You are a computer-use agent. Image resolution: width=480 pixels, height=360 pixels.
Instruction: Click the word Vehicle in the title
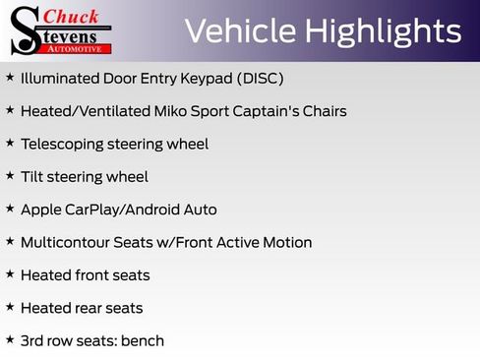[239, 31]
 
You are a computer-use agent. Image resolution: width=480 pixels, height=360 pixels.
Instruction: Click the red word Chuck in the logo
[71, 16]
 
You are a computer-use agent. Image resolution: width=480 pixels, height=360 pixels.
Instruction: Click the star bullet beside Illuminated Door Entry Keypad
[10, 77]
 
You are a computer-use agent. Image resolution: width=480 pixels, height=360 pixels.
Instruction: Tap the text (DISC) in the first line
[261, 79]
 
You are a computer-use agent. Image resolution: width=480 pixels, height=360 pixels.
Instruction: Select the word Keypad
[209, 79]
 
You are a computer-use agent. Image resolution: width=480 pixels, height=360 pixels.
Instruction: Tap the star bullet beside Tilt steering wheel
[10, 175]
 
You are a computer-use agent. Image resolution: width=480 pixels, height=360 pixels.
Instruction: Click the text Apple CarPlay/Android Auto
[118, 210]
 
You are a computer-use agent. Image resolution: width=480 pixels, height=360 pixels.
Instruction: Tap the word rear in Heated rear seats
[89, 308]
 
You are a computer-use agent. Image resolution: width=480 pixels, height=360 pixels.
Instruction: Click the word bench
[143, 341]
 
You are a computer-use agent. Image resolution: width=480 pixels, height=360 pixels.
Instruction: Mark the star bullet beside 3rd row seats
[10, 339]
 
